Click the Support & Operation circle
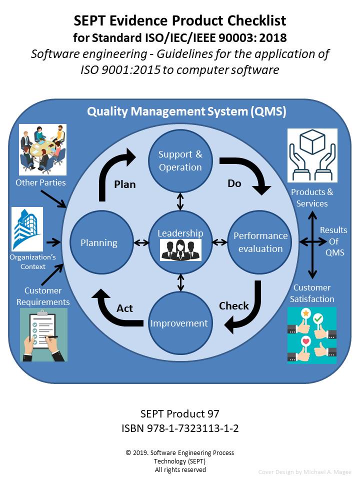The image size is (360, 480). [x=180, y=160]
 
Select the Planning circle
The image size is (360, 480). [x=99, y=243]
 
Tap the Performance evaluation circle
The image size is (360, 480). [x=260, y=242]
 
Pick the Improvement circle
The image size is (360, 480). [x=179, y=323]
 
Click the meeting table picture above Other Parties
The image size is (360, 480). [x=42, y=148]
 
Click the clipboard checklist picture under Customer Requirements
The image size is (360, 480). [x=43, y=334]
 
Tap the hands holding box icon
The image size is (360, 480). [x=312, y=155]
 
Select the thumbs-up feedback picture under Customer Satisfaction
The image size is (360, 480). [x=312, y=334]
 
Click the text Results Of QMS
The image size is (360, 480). [x=334, y=241]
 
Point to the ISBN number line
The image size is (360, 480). [x=179, y=428]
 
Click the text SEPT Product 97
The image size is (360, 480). [x=179, y=414]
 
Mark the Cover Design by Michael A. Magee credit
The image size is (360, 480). [x=304, y=472]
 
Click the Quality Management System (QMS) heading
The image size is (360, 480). [x=186, y=111]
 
